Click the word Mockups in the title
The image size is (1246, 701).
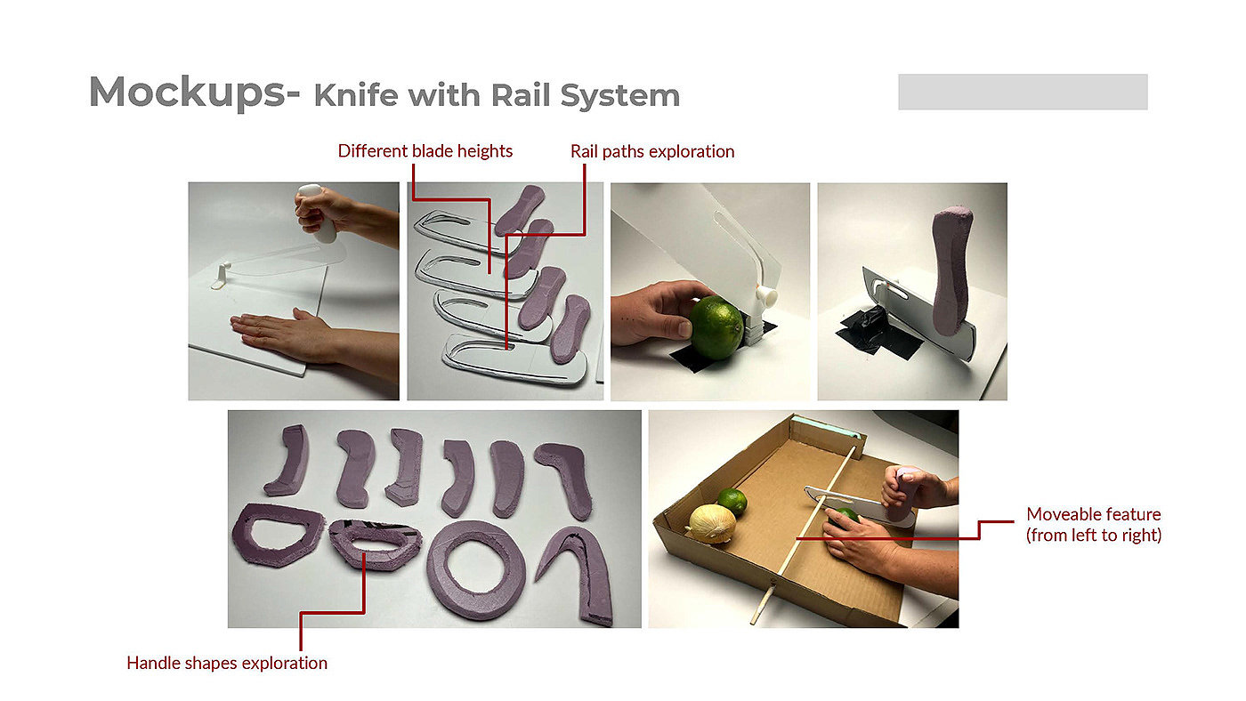(x=188, y=93)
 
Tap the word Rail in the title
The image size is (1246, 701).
(x=521, y=95)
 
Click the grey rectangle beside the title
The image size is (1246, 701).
(x=1023, y=92)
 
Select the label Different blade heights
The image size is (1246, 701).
(x=425, y=151)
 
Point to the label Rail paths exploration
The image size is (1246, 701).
(x=651, y=152)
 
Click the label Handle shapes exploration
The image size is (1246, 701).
(x=227, y=663)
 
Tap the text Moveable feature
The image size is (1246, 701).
(x=1094, y=513)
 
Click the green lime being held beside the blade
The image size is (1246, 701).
(x=716, y=327)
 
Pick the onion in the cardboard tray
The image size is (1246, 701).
(x=712, y=523)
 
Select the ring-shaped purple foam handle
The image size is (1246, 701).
(x=476, y=569)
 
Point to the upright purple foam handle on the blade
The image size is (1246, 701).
(x=951, y=270)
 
